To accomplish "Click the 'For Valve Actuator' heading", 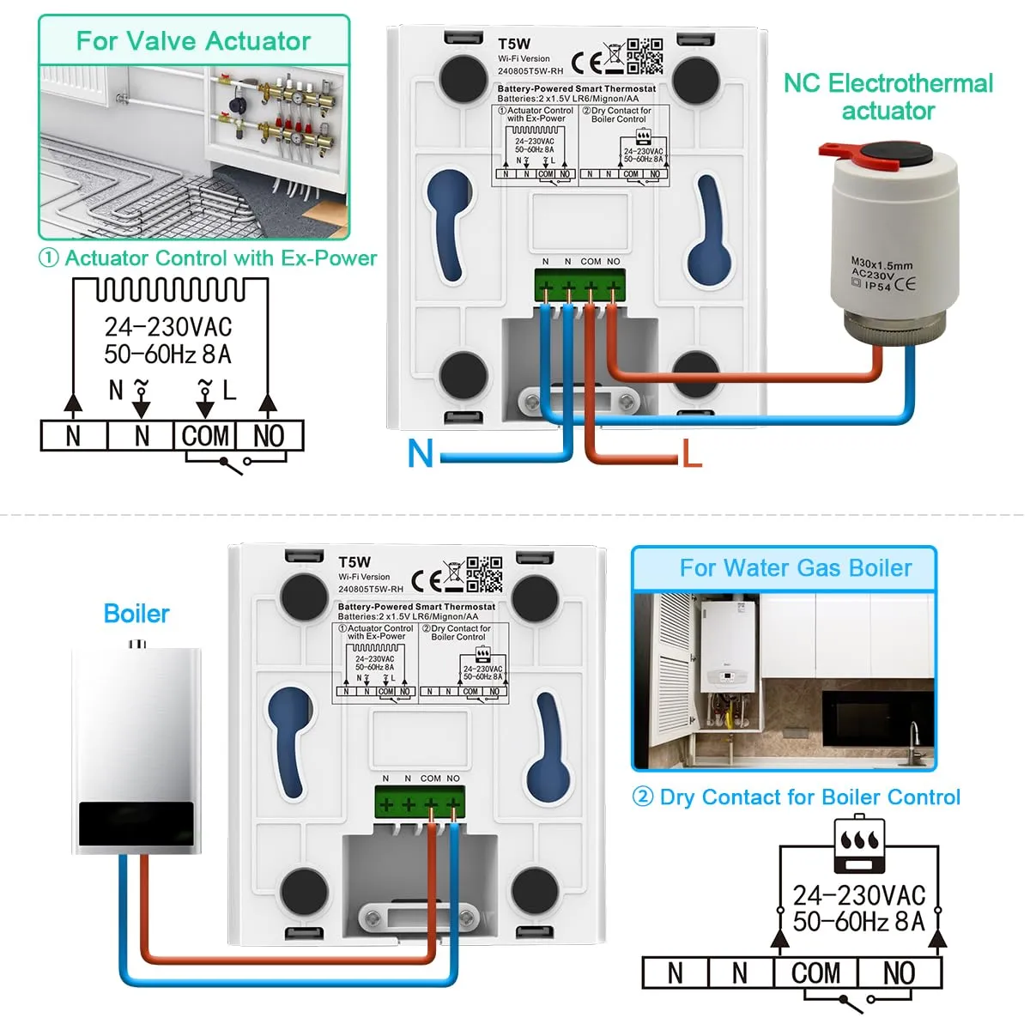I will coord(193,40).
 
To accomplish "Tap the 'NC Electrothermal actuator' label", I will coord(888,96).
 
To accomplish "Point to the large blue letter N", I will coord(421,453).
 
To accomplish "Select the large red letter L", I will coord(692,453).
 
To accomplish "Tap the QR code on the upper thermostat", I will coord(645,55).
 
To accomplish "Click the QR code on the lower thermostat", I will coord(484,574).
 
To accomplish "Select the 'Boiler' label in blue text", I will coord(136,614).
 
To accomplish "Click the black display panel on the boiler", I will coord(136,823).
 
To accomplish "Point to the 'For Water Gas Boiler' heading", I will coord(795,568).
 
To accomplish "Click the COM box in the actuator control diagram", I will coord(205,436).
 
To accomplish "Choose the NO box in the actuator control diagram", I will coord(269,436).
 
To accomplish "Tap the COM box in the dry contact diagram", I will coord(815,972).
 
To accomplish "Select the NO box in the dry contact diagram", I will coord(899,972).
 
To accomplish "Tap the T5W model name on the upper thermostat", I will coord(514,44).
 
